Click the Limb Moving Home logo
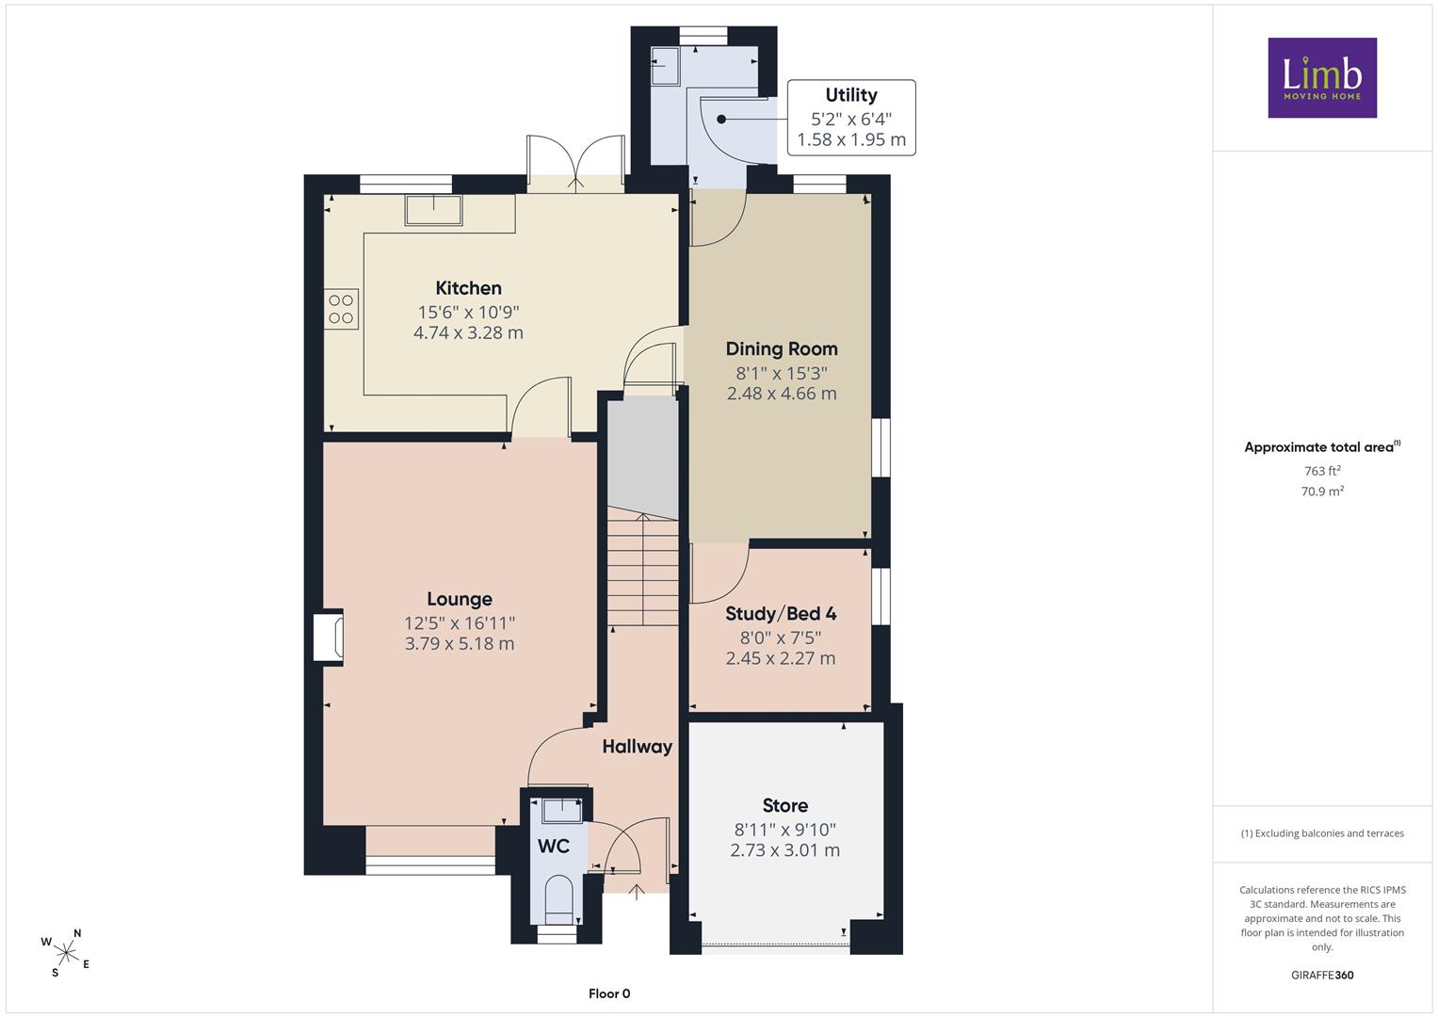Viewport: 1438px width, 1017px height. point(1322,77)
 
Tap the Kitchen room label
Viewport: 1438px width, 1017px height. point(469,287)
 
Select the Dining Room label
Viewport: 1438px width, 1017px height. point(782,348)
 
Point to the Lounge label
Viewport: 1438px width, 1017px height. point(460,599)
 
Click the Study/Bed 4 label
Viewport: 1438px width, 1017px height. point(781,614)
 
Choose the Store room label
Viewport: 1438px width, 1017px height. point(785,805)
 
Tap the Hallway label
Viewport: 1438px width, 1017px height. point(637,747)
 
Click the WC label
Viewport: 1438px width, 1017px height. point(554,847)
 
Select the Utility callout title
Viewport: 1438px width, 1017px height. point(851,95)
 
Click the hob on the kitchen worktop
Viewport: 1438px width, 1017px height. point(341,309)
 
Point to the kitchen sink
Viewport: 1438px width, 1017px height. point(433,211)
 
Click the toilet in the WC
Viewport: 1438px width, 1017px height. point(558,901)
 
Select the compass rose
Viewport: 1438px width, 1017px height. point(66,953)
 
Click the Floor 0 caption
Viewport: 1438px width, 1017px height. point(609,993)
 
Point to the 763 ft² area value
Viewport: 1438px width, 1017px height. point(1322,471)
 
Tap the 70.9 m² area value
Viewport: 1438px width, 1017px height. point(1322,492)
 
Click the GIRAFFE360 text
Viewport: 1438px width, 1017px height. point(1322,976)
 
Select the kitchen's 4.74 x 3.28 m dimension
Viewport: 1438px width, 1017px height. point(469,332)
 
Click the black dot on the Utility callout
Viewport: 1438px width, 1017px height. point(721,120)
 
